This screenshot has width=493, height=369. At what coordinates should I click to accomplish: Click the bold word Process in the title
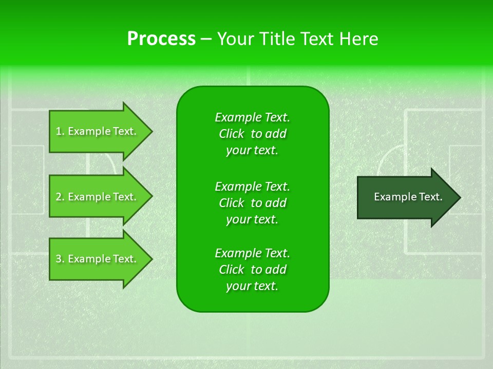pyautogui.click(x=161, y=39)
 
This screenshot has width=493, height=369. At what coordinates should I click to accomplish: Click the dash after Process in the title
pyautogui.click(x=206, y=39)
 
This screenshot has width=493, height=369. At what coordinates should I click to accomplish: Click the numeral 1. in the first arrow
pyautogui.click(x=60, y=131)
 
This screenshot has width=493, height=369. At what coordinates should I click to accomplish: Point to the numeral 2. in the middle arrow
pyautogui.click(x=60, y=197)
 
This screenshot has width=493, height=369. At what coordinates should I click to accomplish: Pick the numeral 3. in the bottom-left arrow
pyautogui.click(x=60, y=259)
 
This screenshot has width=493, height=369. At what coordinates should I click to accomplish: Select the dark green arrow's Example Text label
pyautogui.click(x=408, y=197)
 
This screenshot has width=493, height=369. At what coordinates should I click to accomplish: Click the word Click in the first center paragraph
pyautogui.click(x=232, y=134)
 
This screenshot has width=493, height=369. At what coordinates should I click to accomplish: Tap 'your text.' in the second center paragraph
pyautogui.click(x=252, y=219)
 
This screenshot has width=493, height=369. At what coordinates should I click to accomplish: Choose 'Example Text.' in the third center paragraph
pyautogui.click(x=252, y=253)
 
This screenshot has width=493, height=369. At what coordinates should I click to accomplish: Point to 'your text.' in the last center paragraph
pyautogui.click(x=252, y=286)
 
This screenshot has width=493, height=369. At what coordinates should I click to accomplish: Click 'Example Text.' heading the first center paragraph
pyautogui.click(x=252, y=117)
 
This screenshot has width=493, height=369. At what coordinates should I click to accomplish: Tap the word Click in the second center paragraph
pyautogui.click(x=232, y=203)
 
